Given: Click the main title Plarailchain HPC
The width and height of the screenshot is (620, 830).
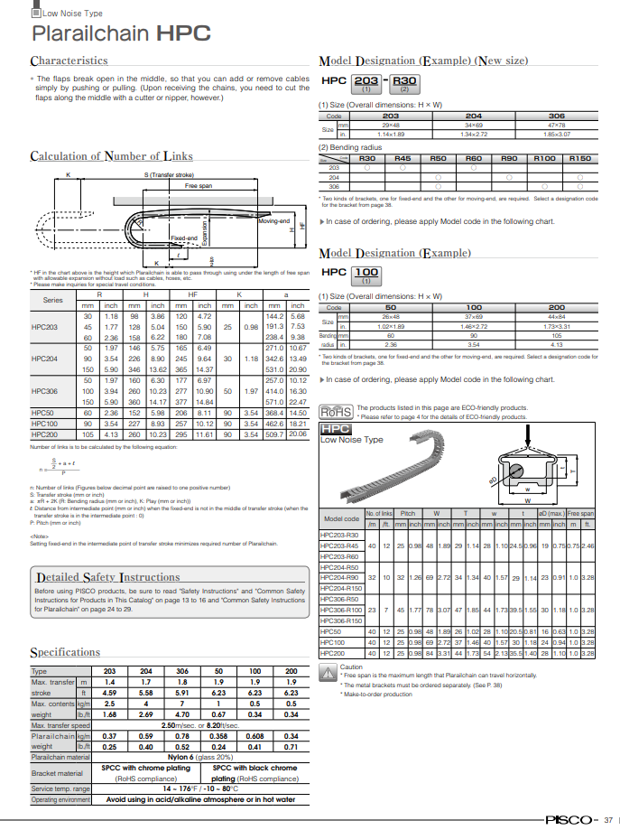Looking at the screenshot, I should (x=121, y=34).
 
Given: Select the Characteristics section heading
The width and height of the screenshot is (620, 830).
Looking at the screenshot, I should (x=69, y=61).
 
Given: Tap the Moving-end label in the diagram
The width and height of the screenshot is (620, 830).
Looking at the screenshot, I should (x=273, y=221).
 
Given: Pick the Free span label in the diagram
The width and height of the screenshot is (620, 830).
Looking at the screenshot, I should (x=199, y=186).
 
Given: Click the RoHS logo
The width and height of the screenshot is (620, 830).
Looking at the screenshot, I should (x=336, y=412).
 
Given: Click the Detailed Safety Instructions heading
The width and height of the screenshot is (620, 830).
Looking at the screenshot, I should (x=106, y=577).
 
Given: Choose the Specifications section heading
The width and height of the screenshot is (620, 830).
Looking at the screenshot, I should (x=64, y=652).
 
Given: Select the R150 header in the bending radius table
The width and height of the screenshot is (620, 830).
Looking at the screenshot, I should (x=579, y=158).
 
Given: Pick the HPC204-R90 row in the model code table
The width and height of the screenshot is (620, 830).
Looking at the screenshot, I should (x=340, y=576).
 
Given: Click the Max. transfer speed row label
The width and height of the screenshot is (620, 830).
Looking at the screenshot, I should (x=60, y=725).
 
